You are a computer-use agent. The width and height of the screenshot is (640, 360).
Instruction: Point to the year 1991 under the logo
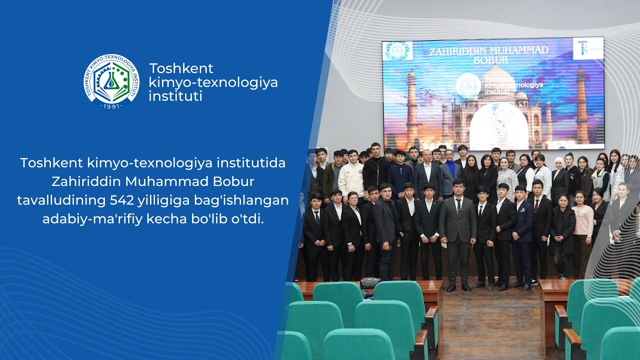point(111,106)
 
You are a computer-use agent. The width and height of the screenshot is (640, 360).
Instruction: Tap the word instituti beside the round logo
point(175,96)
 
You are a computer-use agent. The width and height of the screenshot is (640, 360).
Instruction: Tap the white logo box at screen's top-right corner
point(588,48)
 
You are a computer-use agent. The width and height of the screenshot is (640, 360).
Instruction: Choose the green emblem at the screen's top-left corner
point(397,50)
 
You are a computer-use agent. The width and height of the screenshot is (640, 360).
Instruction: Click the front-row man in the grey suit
point(458,230)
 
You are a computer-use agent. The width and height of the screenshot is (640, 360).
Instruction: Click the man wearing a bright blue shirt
point(451,172)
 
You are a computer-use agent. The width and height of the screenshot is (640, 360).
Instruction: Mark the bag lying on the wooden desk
point(369,283)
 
